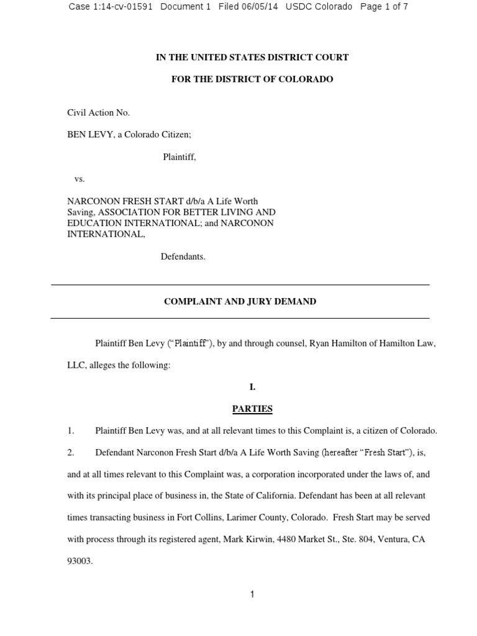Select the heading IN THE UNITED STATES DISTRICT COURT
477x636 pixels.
point(252,57)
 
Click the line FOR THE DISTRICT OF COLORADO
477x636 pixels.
point(252,79)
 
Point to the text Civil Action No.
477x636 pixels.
point(98,112)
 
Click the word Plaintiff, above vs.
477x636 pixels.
point(179,157)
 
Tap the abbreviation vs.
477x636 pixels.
point(79,179)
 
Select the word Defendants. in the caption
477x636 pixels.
point(183,257)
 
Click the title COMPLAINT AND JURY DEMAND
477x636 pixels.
point(240,301)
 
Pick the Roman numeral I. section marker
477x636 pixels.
point(252,387)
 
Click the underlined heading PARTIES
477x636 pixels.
point(252,409)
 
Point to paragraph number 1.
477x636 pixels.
point(71,430)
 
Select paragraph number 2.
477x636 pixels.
point(71,453)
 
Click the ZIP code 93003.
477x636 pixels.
point(79,561)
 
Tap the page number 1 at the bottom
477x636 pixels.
point(252,594)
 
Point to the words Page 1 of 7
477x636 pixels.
point(384,7)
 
